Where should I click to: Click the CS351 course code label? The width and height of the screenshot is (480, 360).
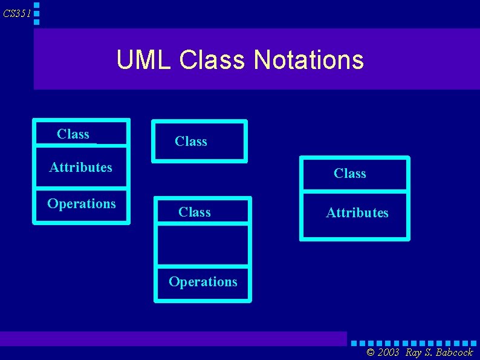16,13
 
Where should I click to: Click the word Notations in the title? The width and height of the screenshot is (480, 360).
309,60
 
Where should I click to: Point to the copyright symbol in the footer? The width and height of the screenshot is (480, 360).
371,353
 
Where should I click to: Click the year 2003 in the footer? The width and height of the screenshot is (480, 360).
389,353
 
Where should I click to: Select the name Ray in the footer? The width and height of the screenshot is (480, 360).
414,353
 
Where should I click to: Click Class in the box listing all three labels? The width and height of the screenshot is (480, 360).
73,134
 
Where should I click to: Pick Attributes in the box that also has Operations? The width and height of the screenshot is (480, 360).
80,167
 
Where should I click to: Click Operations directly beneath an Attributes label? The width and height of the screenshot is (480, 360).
82,203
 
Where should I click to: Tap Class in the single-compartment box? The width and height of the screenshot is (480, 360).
191,142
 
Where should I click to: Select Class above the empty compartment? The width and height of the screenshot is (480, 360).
195,212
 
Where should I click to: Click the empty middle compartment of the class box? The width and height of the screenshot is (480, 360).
203,244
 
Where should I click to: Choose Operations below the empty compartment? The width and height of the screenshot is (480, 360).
203,282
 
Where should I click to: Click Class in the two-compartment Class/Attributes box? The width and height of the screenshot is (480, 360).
350,174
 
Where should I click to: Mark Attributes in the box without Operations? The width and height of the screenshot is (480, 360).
357,213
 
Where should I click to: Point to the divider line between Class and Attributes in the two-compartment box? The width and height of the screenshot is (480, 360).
354,192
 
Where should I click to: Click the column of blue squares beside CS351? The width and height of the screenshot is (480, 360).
37,13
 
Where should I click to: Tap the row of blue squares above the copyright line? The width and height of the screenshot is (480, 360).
414,344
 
